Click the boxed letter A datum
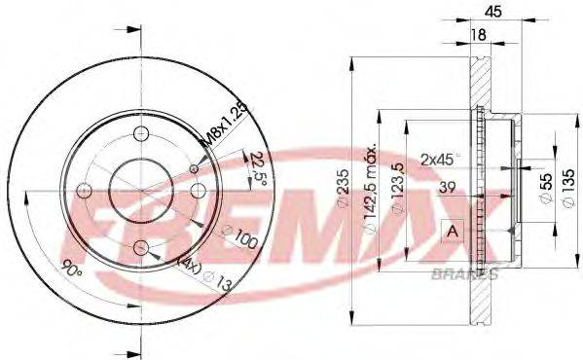click(453, 231)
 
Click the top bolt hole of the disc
click(142, 134)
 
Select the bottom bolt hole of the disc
click(142, 249)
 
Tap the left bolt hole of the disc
click(85, 191)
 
